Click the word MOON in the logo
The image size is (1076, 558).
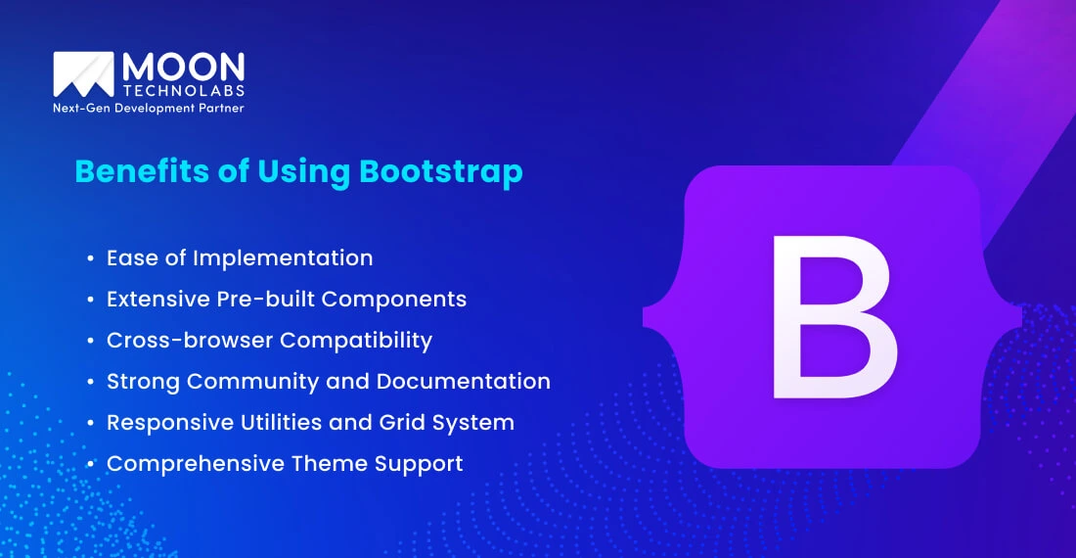tap(183, 68)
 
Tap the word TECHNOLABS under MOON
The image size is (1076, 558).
tap(183, 90)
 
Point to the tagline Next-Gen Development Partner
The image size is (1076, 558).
tap(148, 109)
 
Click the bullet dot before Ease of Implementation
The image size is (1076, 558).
tap(90, 258)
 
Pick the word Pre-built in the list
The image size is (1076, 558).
tap(258, 299)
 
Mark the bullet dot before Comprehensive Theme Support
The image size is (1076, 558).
tap(90, 464)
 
